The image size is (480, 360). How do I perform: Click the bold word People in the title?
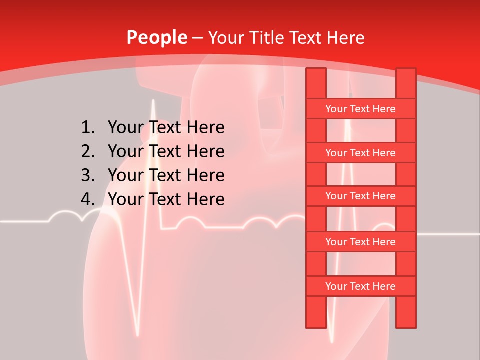(157, 37)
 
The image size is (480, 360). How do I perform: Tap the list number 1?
(87, 127)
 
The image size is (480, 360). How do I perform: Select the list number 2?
(87, 151)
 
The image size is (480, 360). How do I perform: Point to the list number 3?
(87, 175)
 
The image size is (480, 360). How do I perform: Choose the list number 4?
(87, 199)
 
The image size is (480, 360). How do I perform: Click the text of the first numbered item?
(166, 127)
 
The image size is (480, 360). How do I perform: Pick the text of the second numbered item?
(166, 151)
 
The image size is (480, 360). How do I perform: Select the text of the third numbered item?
(166, 175)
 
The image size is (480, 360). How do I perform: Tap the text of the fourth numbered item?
(166, 199)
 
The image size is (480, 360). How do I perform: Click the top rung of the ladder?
(360, 109)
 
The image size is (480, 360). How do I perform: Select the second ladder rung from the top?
(360, 153)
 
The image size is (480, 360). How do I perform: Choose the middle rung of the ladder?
(360, 196)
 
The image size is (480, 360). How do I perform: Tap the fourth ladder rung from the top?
(360, 242)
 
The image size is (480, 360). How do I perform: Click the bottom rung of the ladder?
(360, 286)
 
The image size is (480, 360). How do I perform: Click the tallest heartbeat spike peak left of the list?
(153, 101)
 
